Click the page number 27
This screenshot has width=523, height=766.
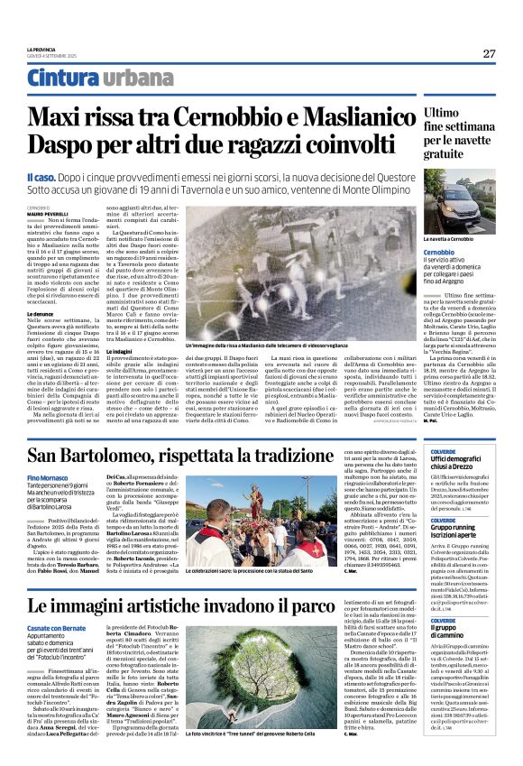pos(489,53)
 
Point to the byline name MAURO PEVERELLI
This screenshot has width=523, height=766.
pos(46,213)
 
